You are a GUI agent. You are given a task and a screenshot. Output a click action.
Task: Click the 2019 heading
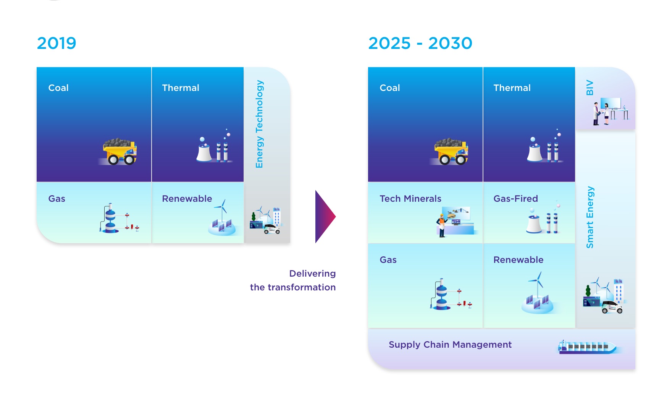point(57,43)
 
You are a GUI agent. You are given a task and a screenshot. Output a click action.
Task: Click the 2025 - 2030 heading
point(420,43)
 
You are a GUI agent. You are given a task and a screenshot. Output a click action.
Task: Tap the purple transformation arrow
point(325,217)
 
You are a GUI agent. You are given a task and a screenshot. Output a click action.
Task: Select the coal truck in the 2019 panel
point(120,152)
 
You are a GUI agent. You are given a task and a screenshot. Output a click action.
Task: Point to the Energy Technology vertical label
point(259,124)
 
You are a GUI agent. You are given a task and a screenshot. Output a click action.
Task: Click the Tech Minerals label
point(410,199)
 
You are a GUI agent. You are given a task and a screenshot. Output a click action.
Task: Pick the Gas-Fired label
point(515,199)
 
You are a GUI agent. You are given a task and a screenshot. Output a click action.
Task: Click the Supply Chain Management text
point(450,345)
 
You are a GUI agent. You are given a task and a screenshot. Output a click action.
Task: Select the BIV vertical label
point(590,87)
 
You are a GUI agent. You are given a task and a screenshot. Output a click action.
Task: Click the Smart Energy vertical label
point(590,217)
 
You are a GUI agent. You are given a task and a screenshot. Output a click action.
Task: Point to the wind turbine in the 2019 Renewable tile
point(221,211)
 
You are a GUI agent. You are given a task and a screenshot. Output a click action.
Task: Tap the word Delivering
point(312,274)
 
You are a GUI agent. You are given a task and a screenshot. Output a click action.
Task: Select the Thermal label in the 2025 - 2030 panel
point(512,88)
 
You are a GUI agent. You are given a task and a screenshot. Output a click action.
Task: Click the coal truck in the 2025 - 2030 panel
point(451,152)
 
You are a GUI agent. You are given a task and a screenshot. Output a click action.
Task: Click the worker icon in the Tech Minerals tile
point(442,225)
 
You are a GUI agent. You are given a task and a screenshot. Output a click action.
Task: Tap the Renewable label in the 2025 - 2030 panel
point(518,260)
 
